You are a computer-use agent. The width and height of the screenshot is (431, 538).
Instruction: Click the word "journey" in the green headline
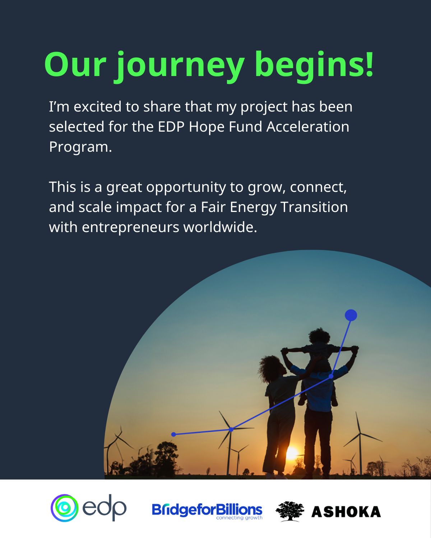(180, 67)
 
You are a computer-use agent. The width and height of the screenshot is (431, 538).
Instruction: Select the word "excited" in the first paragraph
(97, 107)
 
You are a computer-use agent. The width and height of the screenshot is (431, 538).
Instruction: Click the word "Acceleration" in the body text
(307, 127)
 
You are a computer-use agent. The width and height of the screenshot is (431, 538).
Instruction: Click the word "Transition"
(314, 207)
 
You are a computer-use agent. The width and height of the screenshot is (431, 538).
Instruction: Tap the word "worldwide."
(220, 227)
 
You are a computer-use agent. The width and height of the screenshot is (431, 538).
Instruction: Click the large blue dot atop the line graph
(351, 315)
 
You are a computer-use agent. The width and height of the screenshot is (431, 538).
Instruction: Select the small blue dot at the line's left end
(173, 434)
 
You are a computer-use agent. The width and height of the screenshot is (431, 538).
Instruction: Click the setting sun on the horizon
(292, 453)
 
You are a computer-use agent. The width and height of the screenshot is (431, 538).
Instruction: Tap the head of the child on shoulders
(319, 336)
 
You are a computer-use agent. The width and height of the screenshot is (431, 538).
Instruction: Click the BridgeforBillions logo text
(207, 509)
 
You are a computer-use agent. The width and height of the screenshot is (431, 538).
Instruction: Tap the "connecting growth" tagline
(239, 518)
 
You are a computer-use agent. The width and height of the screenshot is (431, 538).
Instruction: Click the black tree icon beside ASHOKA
(290, 511)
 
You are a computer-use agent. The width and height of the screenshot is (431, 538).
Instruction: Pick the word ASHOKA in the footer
(346, 512)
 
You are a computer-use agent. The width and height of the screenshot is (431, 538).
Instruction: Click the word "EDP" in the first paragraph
(171, 127)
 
